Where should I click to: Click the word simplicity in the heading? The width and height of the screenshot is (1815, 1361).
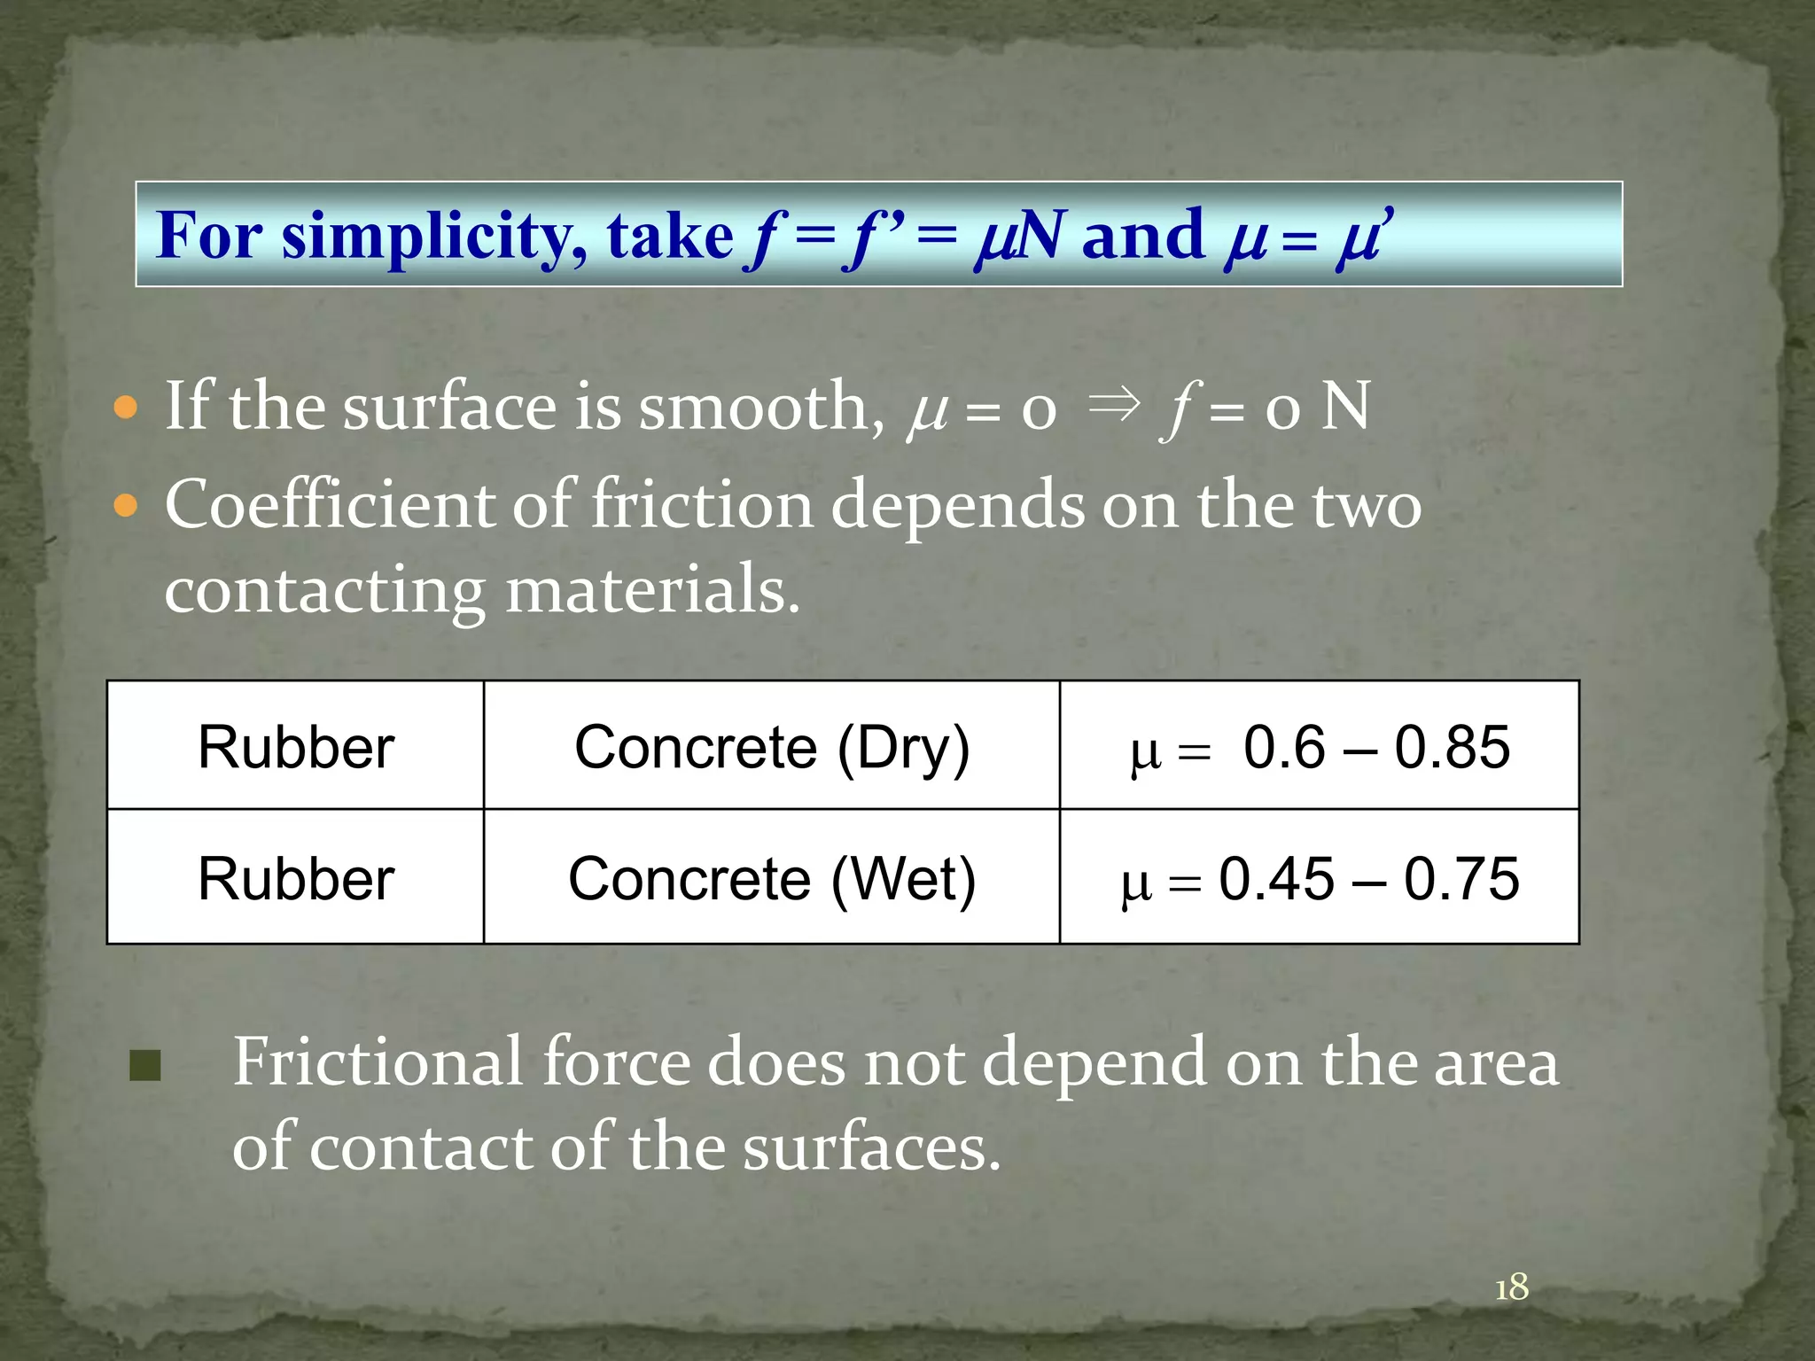pyautogui.click(x=432, y=237)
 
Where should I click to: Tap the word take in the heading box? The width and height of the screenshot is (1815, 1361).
pyautogui.click(x=670, y=237)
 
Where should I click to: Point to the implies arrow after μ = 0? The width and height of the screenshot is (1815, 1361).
pyautogui.click(x=1112, y=405)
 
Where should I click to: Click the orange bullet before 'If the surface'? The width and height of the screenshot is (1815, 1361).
pyautogui.click(x=127, y=408)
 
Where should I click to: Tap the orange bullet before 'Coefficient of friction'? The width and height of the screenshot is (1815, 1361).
pyautogui.click(x=127, y=506)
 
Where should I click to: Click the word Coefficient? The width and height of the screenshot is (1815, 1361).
pyautogui.click(x=329, y=505)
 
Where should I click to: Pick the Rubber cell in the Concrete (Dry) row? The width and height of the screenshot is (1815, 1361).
pyautogui.click(x=296, y=747)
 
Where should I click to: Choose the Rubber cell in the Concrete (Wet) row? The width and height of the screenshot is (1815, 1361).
pyautogui.click(x=296, y=879)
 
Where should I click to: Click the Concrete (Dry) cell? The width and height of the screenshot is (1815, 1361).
pyautogui.click(x=772, y=747)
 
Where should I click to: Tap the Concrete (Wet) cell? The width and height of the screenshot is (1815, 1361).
pyautogui.click(x=772, y=879)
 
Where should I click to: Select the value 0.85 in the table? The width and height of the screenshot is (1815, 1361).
pyautogui.click(x=1452, y=747)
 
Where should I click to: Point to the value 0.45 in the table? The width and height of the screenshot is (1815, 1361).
pyautogui.click(x=1276, y=879)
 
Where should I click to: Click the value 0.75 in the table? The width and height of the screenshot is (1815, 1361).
pyautogui.click(x=1461, y=879)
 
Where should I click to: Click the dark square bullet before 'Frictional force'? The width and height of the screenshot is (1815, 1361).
pyautogui.click(x=145, y=1066)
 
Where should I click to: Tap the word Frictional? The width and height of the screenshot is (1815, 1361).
pyautogui.click(x=378, y=1062)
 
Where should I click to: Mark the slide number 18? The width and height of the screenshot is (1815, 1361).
pyautogui.click(x=1512, y=1287)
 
